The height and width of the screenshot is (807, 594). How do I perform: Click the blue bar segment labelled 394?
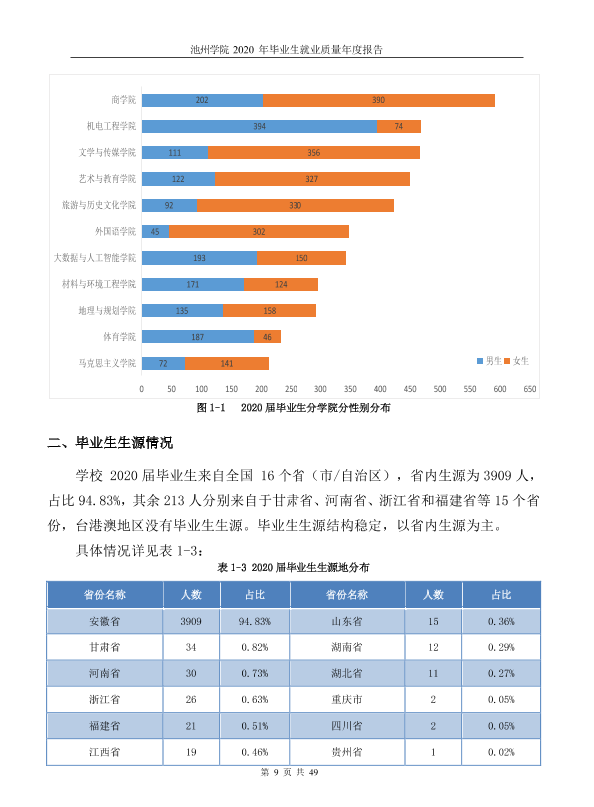pos(260,126)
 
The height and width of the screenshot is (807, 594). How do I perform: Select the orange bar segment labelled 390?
pos(378,100)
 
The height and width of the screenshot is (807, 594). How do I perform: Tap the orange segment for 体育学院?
pos(267,336)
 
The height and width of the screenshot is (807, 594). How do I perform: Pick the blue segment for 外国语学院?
pos(156,231)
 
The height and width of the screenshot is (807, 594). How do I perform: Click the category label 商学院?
pos(124,100)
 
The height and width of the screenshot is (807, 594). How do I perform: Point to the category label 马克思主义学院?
pos(107,363)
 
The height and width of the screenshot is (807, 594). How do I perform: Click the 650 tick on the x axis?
pos(530,389)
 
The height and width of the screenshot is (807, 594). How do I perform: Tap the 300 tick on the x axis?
pos(320,389)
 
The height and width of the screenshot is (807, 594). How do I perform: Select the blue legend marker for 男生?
pos(480,361)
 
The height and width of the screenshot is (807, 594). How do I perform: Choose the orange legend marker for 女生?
pos(507,361)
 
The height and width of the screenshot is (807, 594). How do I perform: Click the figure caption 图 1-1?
pos(211,408)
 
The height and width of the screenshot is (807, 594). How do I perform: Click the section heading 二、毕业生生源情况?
pos(110,443)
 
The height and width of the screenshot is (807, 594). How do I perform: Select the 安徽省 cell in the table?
pos(105,621)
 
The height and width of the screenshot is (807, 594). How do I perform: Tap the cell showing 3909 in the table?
pos(191,621)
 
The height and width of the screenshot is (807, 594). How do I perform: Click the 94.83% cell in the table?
pos(255,621)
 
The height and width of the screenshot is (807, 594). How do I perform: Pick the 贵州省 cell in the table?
pos(347,752)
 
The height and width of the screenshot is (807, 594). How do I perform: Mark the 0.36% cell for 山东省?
pos(501,621)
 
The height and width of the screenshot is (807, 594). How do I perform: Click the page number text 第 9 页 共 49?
pos(290,772)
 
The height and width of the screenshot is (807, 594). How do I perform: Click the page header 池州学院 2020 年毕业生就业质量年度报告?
pos(287,49)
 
